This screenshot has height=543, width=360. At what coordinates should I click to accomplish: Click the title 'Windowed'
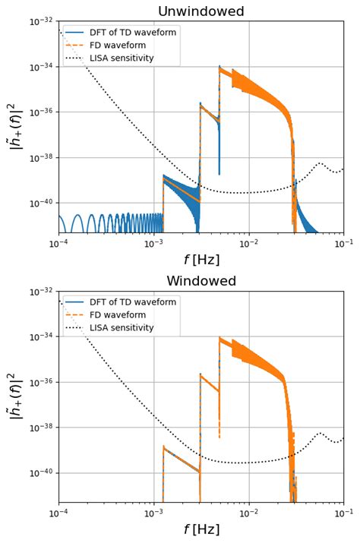pyautogui.click(x=201, y=281)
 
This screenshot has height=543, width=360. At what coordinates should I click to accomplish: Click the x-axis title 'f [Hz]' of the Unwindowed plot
pyautogui.click(x=201, y=260)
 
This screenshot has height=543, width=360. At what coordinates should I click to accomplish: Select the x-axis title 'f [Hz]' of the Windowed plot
pyautogui.click(x=201, y=529)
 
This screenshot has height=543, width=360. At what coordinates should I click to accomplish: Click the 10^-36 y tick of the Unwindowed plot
pyautogui.click(x=42, y=112)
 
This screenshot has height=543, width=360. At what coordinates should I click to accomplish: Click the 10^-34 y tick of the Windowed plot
pyautogui.click(x=42, y=336)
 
